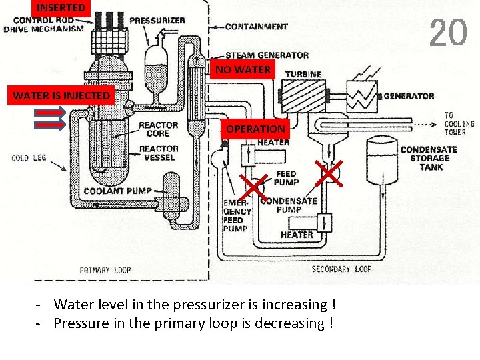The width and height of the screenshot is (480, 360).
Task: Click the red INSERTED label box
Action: pyautogui.click(x=61, y=8)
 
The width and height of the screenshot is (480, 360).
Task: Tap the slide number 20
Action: pyautogui.click(x=448, y=33)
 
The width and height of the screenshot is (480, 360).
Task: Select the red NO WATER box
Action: pyautogui.click(x=243, y=69)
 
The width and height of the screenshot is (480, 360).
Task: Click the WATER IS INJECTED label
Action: pyautogui.click(x=61, y=96)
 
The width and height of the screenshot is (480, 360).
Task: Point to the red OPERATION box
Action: pyautogui.click(x=255, y=129)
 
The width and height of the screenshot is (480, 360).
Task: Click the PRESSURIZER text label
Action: pyautogui.click(x=157, y=21)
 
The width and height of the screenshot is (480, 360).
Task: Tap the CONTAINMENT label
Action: pyautogui.click(x=256, y=27)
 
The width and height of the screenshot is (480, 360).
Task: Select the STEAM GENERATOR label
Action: pyautogui.click(x=267, y=55)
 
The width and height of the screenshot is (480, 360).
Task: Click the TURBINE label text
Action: pyautogui.click(x=303, y=74)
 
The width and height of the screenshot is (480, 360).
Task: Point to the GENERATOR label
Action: pyautogui.click(x=409, y=96)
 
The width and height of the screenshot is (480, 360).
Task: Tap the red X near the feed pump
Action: pyautogui.click(x=329, y=173)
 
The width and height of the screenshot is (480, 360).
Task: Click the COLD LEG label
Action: pyautogui.click(x=29, y=158)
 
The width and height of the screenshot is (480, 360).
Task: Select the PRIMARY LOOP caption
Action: pyautogui.click(x=105, y=270)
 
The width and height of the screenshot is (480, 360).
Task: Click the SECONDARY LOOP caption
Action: pyautogui.click(x=341, y=269)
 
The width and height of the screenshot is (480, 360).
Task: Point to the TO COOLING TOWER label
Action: pyautogui.click(x=459, y=123)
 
